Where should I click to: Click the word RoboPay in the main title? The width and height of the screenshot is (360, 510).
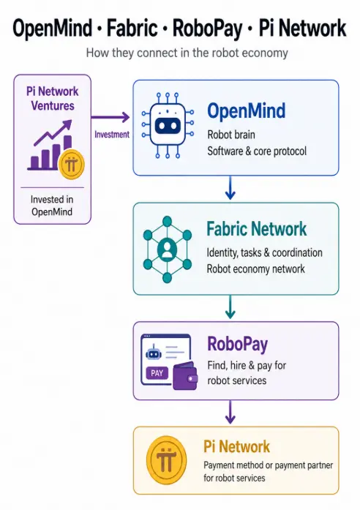pos(207,29)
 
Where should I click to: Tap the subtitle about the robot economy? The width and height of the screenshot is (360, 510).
pos(187,53)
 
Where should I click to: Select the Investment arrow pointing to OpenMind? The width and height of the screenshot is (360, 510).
pos(110,117)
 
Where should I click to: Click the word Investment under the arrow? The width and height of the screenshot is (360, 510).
pos(112,135)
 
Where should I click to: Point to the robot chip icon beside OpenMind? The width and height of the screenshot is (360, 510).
pos(168,125)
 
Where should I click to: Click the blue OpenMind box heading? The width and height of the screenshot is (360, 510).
pos(246,110)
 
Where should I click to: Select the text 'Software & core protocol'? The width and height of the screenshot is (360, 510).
pos(257,151)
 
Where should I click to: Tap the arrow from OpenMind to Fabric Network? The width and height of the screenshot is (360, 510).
pos(230,187)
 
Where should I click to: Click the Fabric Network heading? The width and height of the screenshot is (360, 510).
pos(257,228)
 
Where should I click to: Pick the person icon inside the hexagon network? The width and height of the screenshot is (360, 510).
pos(167,250)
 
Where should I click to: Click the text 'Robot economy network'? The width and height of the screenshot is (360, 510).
pos(256,269)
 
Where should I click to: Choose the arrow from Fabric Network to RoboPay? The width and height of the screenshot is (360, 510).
pos(230,307)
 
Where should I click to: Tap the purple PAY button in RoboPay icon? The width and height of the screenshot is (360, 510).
pos(157,373)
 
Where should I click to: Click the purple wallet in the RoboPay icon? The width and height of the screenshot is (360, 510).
pos(185,376)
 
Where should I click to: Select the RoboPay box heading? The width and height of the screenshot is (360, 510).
pos(237,345)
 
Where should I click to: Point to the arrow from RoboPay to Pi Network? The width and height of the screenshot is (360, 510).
pos(230,412)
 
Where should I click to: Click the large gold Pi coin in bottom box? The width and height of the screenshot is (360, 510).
pos(167,460)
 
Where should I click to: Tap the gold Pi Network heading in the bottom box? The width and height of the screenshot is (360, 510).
pos(237,446)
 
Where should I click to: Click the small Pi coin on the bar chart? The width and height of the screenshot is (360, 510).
pos(71,164)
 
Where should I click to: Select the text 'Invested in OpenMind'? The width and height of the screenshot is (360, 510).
pos(52,206)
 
